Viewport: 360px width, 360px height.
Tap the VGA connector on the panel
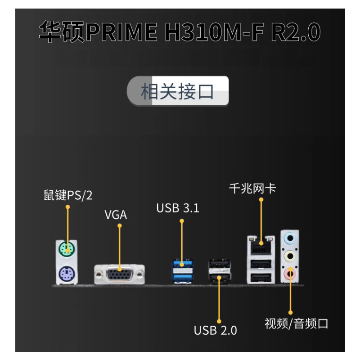pyautogui.click(x=119, y=274)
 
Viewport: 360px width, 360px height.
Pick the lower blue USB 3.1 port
pyautogui.click(x=181, y=275)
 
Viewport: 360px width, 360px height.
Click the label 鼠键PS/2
pyautogui.click(x=67, y=195)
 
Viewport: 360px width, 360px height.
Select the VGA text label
pyautogui.click(x=116, y=215)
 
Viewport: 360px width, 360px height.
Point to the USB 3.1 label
pyautogui.click(x=178, y=208)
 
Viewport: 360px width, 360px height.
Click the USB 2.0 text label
pyautogui.click(x=215, y=330)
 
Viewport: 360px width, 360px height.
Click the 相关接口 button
pyautogui.click(x=178, y=91)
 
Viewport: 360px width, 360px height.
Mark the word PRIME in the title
pyautogui.click(x=121, y=32)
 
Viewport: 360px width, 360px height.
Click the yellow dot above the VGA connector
pyautogui.click(x=120, y=226)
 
